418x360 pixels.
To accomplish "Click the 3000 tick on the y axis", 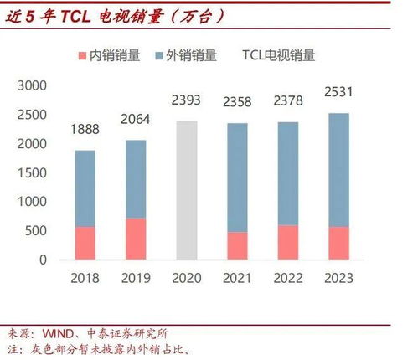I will pos(32,86).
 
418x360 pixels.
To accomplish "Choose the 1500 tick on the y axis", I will pos(32,173).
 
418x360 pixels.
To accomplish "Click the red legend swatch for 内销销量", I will pos(82,56).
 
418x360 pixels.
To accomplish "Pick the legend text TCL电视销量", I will pos(279,55).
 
